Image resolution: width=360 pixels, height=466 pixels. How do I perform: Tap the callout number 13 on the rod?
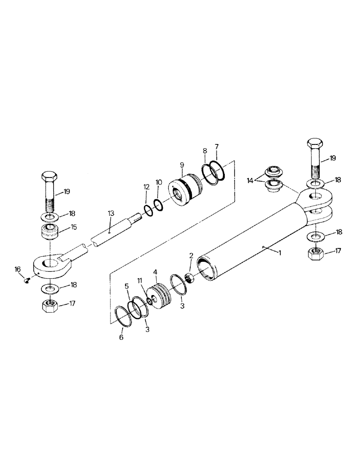(111, 213)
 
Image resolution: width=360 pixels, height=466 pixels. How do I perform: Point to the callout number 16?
(18, 269)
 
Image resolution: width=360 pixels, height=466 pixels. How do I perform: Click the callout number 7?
(216, 147)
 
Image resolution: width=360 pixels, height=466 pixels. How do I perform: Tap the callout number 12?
(146, 187)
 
